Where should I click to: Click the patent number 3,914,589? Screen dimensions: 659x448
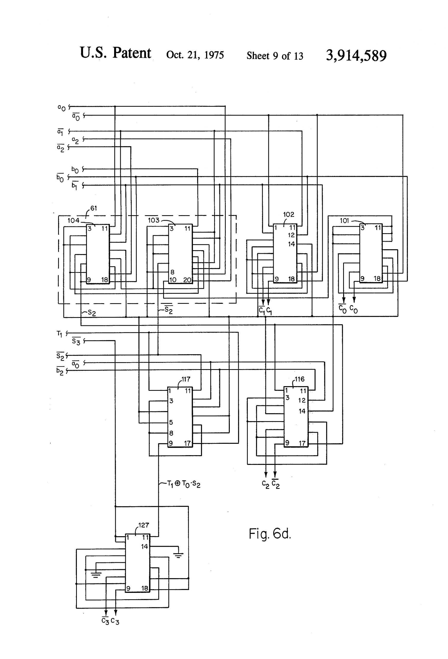click(356, 55)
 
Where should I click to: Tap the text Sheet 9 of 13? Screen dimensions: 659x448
click(275, 56)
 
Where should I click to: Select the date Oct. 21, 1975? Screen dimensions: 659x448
click(195, 55)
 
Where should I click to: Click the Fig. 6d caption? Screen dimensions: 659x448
click(270, 534)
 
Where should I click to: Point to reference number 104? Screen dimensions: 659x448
click(73, 220)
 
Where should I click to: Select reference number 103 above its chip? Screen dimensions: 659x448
click(153, 220)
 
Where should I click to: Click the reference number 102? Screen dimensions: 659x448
click(289, 214)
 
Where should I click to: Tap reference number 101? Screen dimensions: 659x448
click(344, 221)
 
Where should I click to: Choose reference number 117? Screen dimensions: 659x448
click(186, 379)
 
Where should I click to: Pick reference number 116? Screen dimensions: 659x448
click(299, 379)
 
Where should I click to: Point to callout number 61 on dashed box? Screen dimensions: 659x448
click(94, 208)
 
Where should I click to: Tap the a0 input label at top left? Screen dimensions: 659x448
click(61, 108)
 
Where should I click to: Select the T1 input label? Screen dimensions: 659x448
click(59, 334)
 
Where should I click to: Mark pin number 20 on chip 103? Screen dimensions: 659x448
click(187, 280)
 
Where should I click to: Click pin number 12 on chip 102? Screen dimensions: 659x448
click(291, 235)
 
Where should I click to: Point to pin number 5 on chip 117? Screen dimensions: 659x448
click(171, 422)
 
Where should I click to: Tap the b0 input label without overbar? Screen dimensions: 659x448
click(75, 170)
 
